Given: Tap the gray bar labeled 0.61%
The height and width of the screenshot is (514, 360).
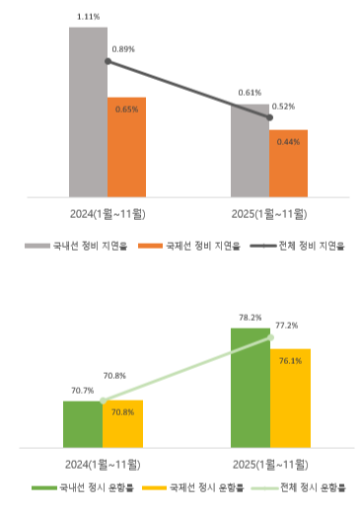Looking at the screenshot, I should (x=250, y=149).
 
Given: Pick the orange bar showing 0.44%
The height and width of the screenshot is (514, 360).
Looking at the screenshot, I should (x=288, y=162).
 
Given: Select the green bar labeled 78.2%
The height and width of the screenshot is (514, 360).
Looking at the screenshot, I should (x=250, y=385).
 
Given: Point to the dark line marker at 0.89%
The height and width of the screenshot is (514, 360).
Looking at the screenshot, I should (x=108, y=61).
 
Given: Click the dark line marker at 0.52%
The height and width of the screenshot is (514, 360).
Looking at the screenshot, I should (x=269, y=118).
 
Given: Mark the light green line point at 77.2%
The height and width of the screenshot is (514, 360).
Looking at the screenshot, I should (x=270, y=338).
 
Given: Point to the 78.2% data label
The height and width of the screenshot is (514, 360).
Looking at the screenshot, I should (x=250, y=318).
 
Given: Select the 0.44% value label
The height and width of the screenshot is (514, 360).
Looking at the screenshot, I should (x=289, y=142).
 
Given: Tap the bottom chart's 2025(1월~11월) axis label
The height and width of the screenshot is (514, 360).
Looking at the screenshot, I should (x=269, y=463).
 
